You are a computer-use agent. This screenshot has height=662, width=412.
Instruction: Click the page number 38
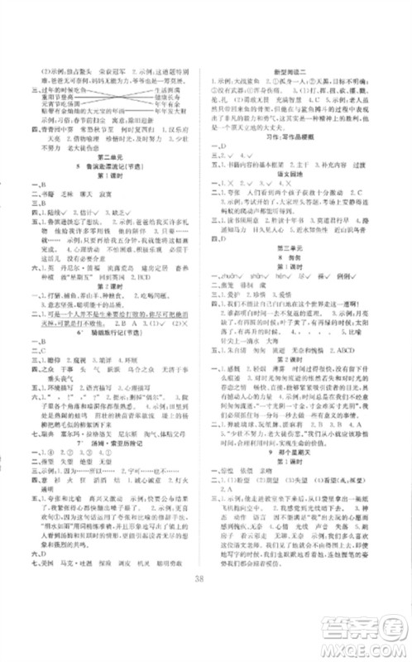[x=206, y=602]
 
